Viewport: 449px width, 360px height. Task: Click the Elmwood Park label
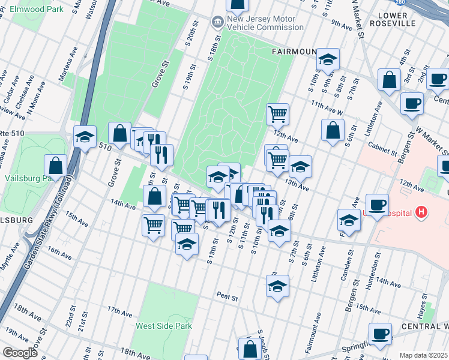pyautogui.click(x=37, y=10)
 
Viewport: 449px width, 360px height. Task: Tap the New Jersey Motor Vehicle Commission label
pyautogui.click(x=261, y=23)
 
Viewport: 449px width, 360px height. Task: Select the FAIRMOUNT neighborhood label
pyautogui.click(x=294, y=52)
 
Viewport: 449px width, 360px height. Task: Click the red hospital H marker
pyautogui.click(x=422, y=212)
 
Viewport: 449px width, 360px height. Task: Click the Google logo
pyautogui.click(x=20, y=352)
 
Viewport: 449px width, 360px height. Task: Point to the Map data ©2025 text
pyautogui.click(x=423, y=355)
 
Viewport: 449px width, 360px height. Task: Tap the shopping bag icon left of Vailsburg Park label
pyautogui.click(x=56, y=166)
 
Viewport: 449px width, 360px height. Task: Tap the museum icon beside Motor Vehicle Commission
pyautogui.click(x=215, y=23)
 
